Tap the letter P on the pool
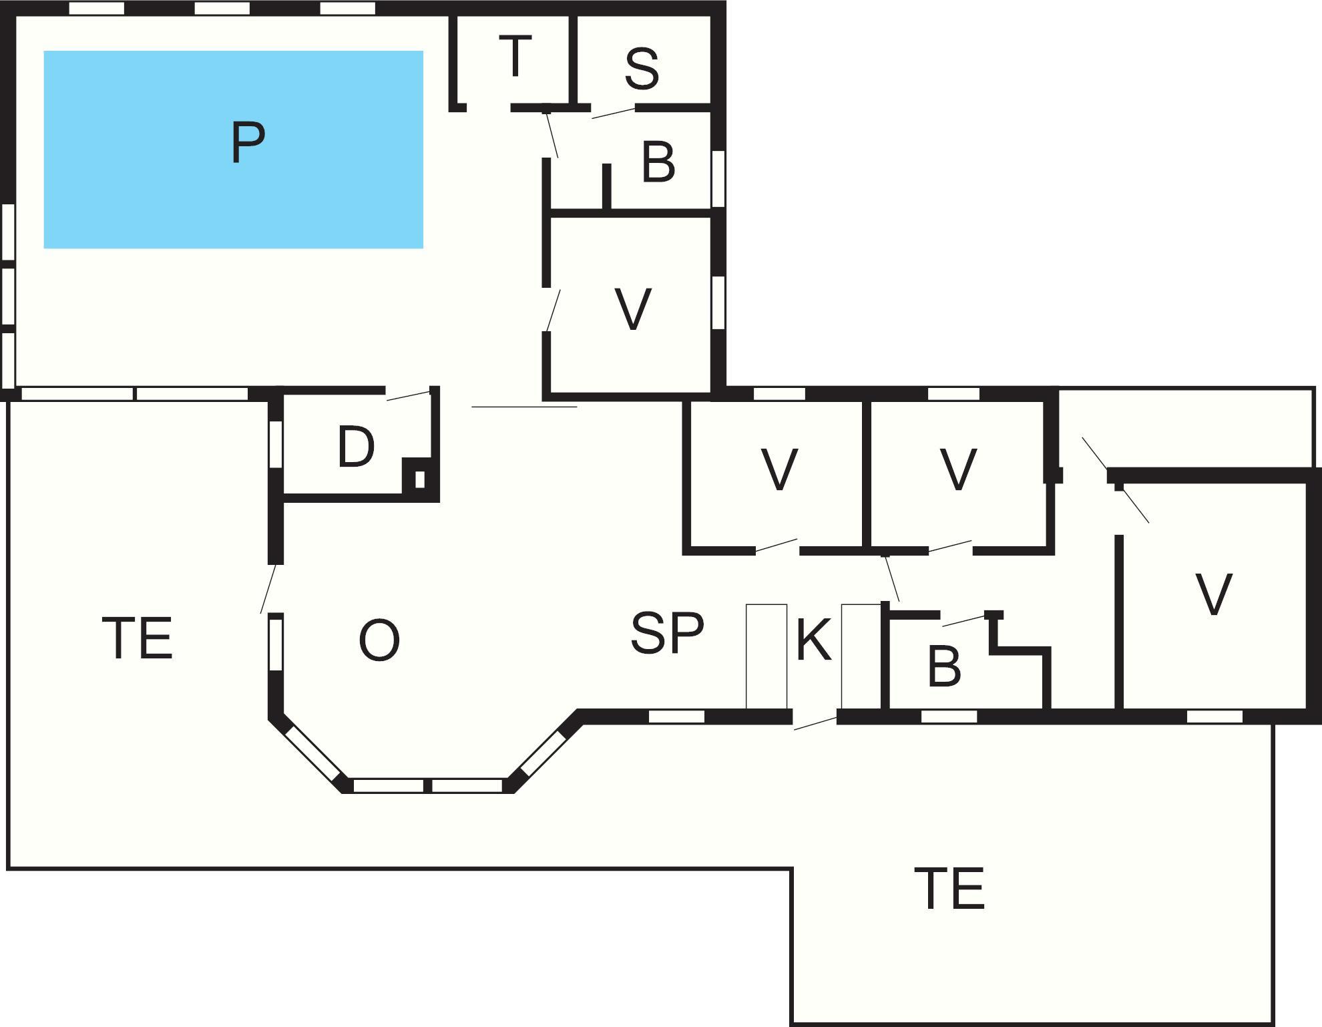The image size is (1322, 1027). tap(248, 142)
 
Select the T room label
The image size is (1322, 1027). tap(515, 57)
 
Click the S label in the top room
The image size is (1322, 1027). tap(642, 69)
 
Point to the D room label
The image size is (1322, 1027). tap(356, 447)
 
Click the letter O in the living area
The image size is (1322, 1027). tap(379, 640)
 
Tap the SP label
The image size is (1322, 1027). tap(667, 632)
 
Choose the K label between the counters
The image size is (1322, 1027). tap(814, 640)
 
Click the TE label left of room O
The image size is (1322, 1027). tap(138, 638)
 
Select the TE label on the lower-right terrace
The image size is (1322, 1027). tap(949, 889)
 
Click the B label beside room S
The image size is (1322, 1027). tap(658, 162)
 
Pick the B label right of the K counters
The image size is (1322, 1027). tap(944, 666)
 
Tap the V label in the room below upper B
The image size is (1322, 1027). tap(632, 309)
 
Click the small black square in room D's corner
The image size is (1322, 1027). tap(419, 479)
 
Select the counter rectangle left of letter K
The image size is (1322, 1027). tap(766, 656)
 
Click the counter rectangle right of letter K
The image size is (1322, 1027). tap(861, 656)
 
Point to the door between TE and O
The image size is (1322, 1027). tap(268, 588)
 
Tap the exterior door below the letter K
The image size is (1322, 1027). tap(815, 723)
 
